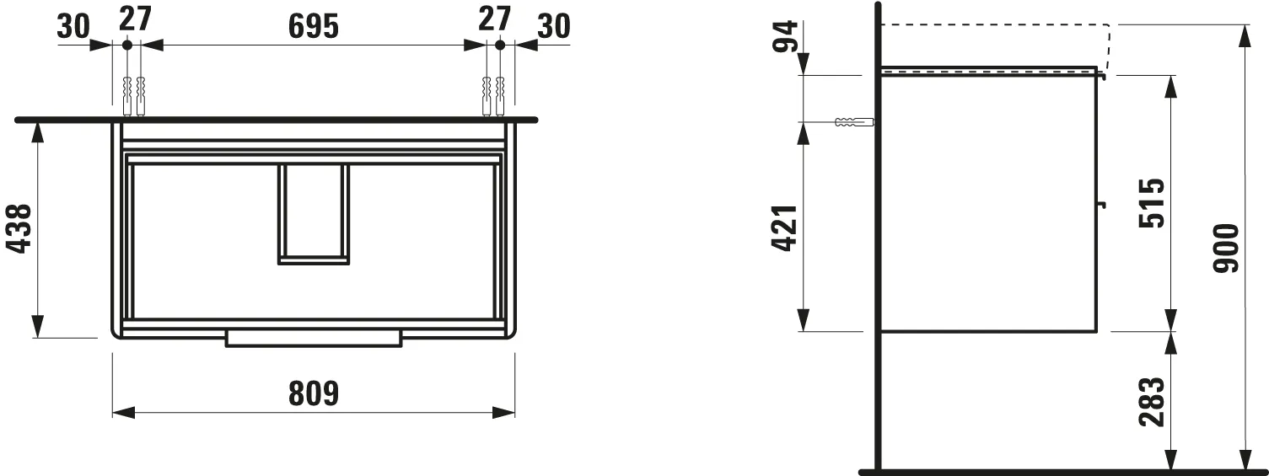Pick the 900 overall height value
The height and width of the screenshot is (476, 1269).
[1226, 249]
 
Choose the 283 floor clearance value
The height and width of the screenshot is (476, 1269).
[1152, 401]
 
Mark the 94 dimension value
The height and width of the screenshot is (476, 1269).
[786, 36]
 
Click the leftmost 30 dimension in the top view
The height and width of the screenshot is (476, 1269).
[73, 27]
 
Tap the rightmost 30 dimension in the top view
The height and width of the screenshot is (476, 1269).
[553, 27]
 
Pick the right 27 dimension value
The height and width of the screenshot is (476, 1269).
[494, 19]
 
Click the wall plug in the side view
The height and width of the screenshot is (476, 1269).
[852, 122]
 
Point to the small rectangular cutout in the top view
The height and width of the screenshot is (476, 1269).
[313, 214]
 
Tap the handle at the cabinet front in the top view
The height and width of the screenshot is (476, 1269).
[313, 338]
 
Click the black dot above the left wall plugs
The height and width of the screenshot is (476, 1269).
[126, 44]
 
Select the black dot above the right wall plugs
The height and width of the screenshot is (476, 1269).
[499, 44]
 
